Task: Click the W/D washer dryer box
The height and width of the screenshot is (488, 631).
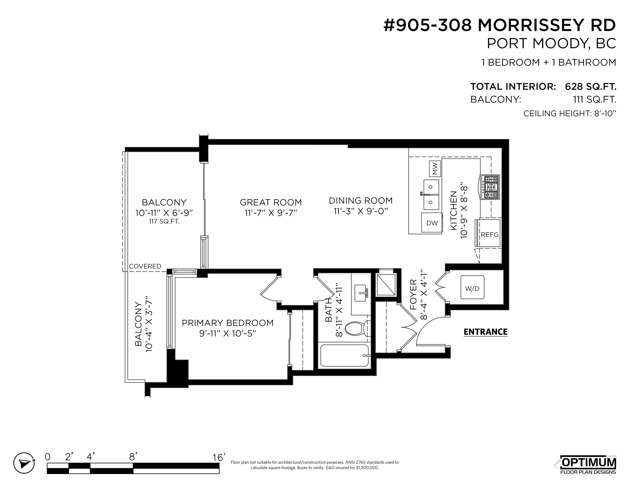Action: pos(472,288)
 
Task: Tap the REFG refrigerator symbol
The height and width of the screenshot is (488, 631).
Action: pos(489,233)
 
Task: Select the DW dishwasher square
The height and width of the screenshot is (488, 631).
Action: pos(432,223)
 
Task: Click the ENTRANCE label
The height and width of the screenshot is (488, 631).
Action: pos(485,332)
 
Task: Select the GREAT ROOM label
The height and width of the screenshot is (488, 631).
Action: pos(271,202)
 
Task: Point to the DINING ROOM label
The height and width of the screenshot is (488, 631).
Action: pos(360,200)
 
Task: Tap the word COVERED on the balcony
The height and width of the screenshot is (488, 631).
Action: pos(145,266)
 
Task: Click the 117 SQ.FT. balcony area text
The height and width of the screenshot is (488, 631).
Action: pos(164,222)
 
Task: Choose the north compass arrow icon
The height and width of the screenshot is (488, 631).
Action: pos(24,463)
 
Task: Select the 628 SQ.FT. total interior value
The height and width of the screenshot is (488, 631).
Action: pos(591,86)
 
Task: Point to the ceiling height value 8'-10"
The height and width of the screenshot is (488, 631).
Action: pos(605,113)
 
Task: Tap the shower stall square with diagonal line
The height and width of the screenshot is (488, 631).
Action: pos(386,285)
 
